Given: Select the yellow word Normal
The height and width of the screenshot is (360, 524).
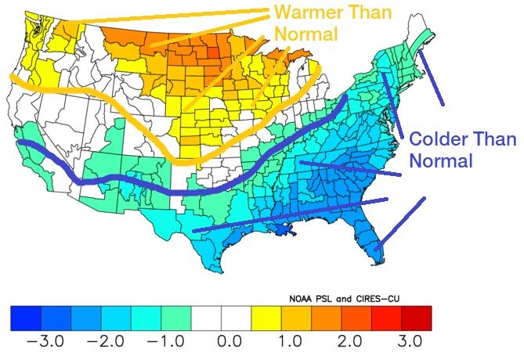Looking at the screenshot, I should coord(305,34).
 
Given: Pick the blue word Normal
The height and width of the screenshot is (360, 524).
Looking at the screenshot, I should coord(443,161).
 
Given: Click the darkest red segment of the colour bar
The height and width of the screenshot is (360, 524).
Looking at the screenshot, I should coord(416,317).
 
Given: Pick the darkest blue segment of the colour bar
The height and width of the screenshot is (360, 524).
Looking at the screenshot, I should coord(27,317).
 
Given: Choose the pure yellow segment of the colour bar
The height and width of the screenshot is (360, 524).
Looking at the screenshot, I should coord(266,317).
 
